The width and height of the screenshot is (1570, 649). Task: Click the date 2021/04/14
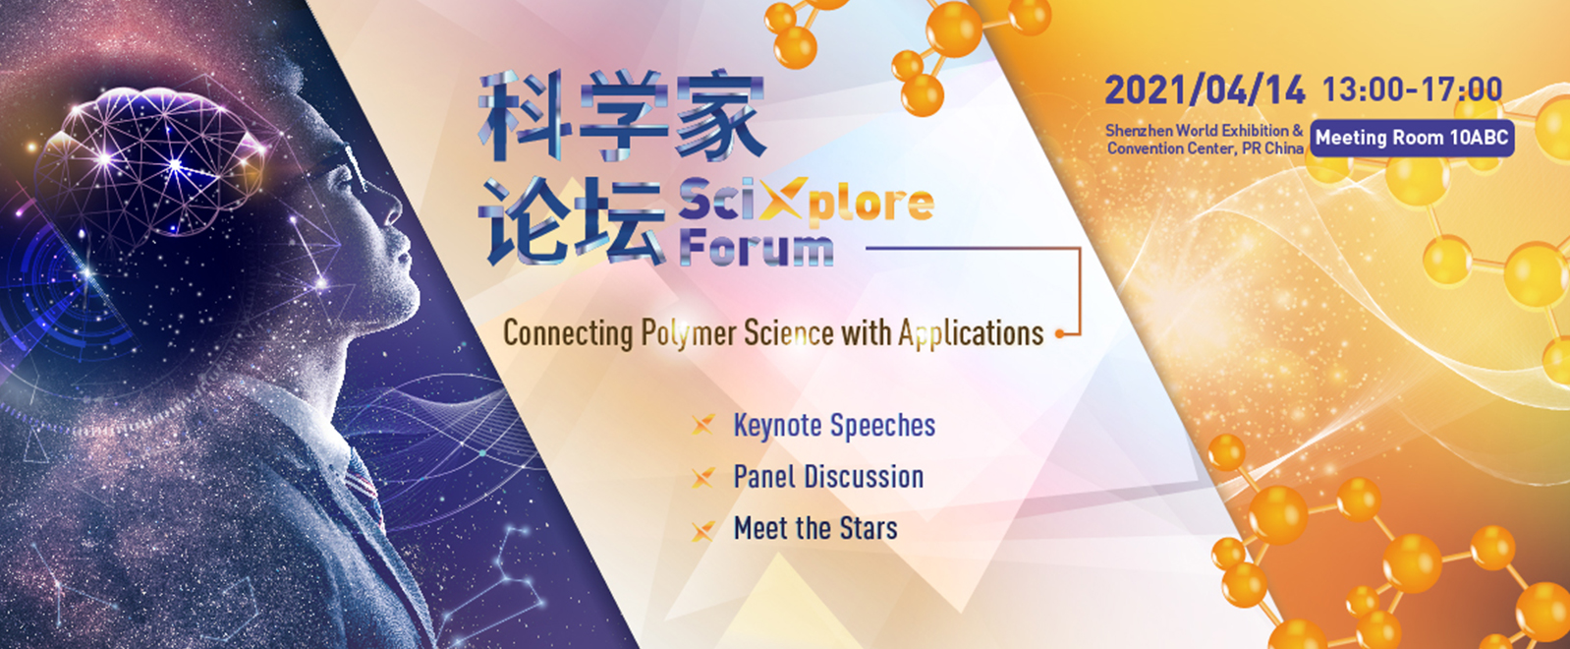pyautogui.click(x=1205, y=90)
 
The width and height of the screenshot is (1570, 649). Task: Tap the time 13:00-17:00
pyautogui.click(x=1412, y=89)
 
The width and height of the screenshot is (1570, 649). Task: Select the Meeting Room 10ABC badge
pyautogui.click(x=1412, y=139)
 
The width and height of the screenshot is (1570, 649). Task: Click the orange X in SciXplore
pyautogui.click(x=784, y=198)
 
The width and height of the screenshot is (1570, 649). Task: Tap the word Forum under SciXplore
pyautogui.click(x=757, y=249)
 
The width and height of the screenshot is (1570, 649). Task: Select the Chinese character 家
pyautogui.click(x=720, y=115)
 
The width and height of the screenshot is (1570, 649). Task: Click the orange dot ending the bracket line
pyautogui.click(x=1060, y=334)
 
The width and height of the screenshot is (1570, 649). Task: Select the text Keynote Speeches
pyautogui.click(x=834, y=426)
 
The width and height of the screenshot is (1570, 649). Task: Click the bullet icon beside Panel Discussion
pyautogui.click(x=703, y=477)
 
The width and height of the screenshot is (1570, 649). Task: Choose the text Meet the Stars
pyautogui.click(x=815, y=528)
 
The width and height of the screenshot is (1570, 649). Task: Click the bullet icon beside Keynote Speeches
pyautogui.click(x=703, y=425)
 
